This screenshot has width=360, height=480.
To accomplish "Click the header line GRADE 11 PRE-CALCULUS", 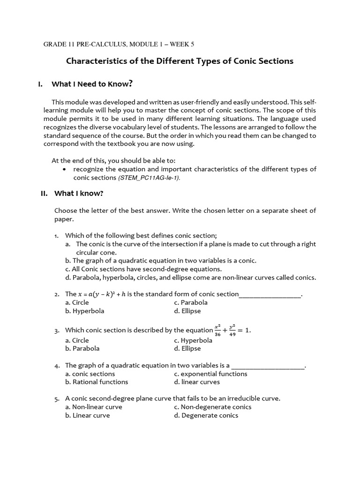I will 119,44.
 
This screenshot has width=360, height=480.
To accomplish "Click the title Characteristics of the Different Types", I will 180,61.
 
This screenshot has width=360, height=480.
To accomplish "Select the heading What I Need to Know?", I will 92,84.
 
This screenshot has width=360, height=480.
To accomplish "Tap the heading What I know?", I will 79,193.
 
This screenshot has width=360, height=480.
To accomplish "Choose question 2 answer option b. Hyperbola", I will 85,311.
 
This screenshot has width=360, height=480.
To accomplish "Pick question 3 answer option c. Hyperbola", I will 193,340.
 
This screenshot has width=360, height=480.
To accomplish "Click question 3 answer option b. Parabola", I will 82,348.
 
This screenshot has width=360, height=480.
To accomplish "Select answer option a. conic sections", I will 90,374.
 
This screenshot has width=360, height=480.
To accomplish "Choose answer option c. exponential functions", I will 210,374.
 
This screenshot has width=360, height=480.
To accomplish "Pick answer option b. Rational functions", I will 97,382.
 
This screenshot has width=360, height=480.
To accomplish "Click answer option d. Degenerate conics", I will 206,415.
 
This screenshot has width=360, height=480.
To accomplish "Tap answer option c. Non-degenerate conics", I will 212,407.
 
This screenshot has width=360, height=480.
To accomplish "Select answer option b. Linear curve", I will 88,415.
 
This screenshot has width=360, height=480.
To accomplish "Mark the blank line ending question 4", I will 268,366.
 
